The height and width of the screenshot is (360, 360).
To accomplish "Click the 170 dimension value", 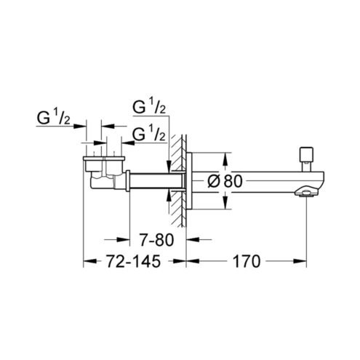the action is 246,261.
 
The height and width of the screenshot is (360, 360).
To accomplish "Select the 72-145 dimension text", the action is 134,261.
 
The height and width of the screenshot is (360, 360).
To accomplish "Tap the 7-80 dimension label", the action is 156,240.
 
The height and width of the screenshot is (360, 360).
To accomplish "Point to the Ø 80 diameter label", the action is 225,181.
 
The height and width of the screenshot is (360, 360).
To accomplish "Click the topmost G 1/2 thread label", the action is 149,108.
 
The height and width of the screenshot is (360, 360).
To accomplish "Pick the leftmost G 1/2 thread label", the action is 53,119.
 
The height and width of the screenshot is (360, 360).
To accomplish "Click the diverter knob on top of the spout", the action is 306,159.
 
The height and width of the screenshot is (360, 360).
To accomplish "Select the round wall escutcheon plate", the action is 189,181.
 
